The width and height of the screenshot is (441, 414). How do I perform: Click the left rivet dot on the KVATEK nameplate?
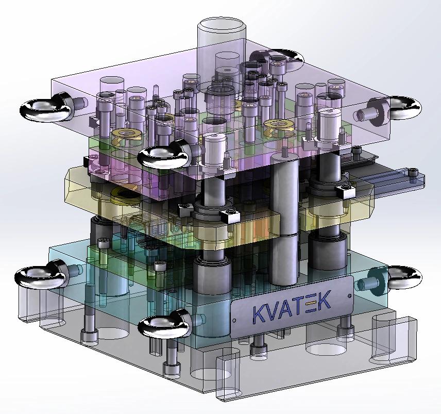[x=234, y=320]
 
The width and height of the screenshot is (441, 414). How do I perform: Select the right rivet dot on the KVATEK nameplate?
[x=350, y=295]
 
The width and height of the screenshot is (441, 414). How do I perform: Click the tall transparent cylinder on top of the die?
[x=222, y=54]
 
